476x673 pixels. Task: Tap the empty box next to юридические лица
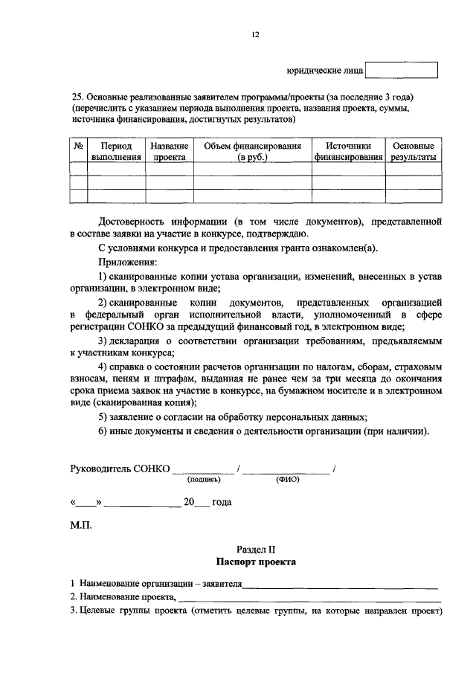click(x=402, y=70)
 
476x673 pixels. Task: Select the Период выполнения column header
click(x=116, y=152)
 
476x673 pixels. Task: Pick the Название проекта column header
click(x=169, y=152)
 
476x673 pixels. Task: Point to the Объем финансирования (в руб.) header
click(x=252, y=152)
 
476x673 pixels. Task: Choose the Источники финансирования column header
click(x=348, y=152)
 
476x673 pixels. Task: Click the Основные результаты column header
click(x=412, y=152)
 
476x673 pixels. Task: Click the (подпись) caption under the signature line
click(x=204, y=480)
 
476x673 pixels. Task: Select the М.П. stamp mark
click(x=80, y=525)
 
